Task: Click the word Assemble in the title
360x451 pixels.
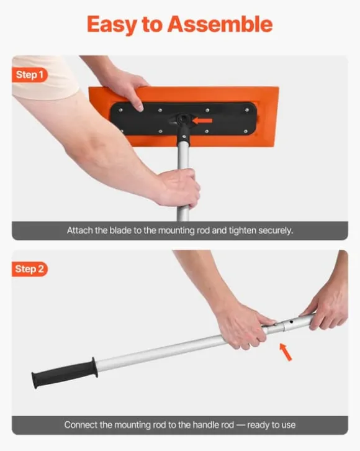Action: click(220, 24)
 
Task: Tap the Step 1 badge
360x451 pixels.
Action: click(29, 75)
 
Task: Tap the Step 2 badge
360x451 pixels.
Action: click(29, 269)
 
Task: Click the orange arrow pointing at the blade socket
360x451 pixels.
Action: click(202, 121)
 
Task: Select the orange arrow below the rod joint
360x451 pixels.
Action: click(286, 352)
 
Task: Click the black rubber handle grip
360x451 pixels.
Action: click(65, 373)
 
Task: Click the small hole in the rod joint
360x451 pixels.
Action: click(291, 322)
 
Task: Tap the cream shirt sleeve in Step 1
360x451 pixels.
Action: click(43, 77)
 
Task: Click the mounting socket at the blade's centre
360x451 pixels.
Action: click(182, 118)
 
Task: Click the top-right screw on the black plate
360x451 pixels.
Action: click(247, 109)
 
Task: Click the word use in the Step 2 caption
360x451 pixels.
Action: click(288, 426)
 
